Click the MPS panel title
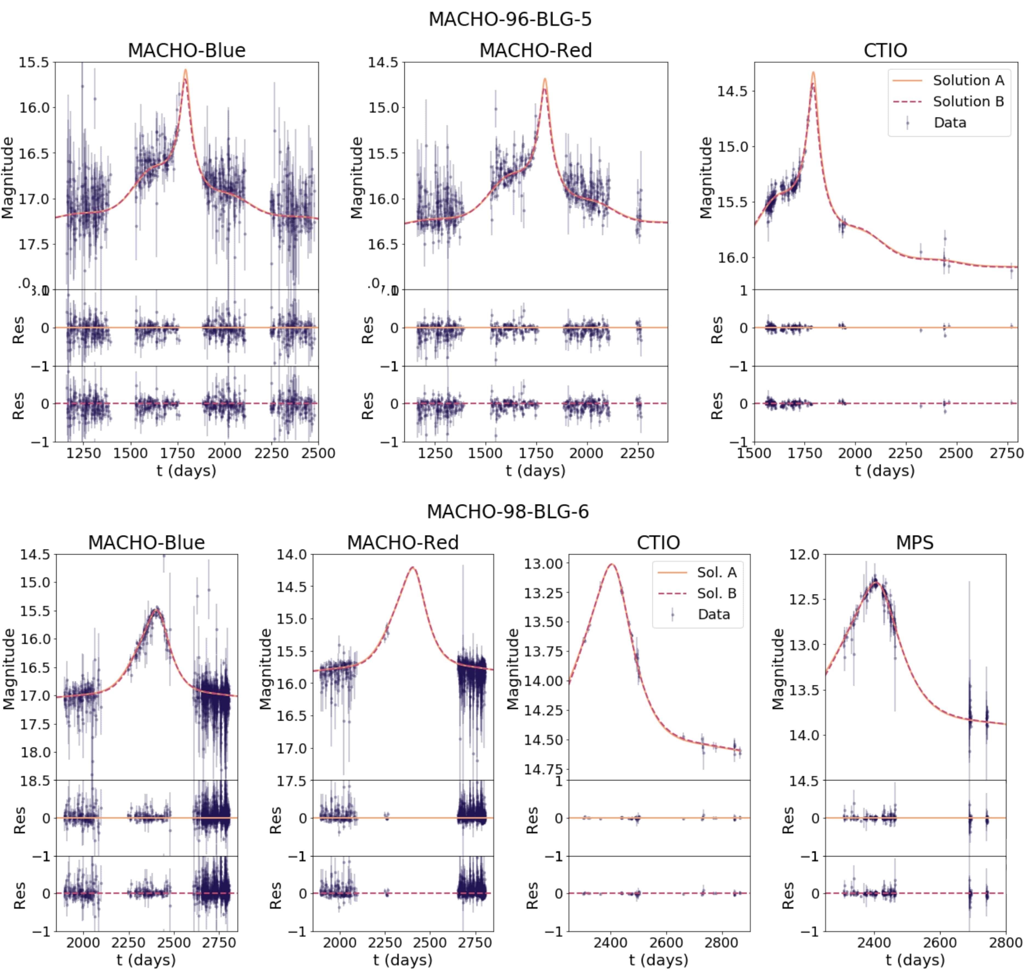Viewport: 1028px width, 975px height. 915,543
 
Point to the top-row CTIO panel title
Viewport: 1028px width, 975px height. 885,50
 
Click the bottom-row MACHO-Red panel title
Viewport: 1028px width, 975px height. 403,543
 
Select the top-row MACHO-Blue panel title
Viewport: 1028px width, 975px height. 187,50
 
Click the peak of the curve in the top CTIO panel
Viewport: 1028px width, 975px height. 813,73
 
